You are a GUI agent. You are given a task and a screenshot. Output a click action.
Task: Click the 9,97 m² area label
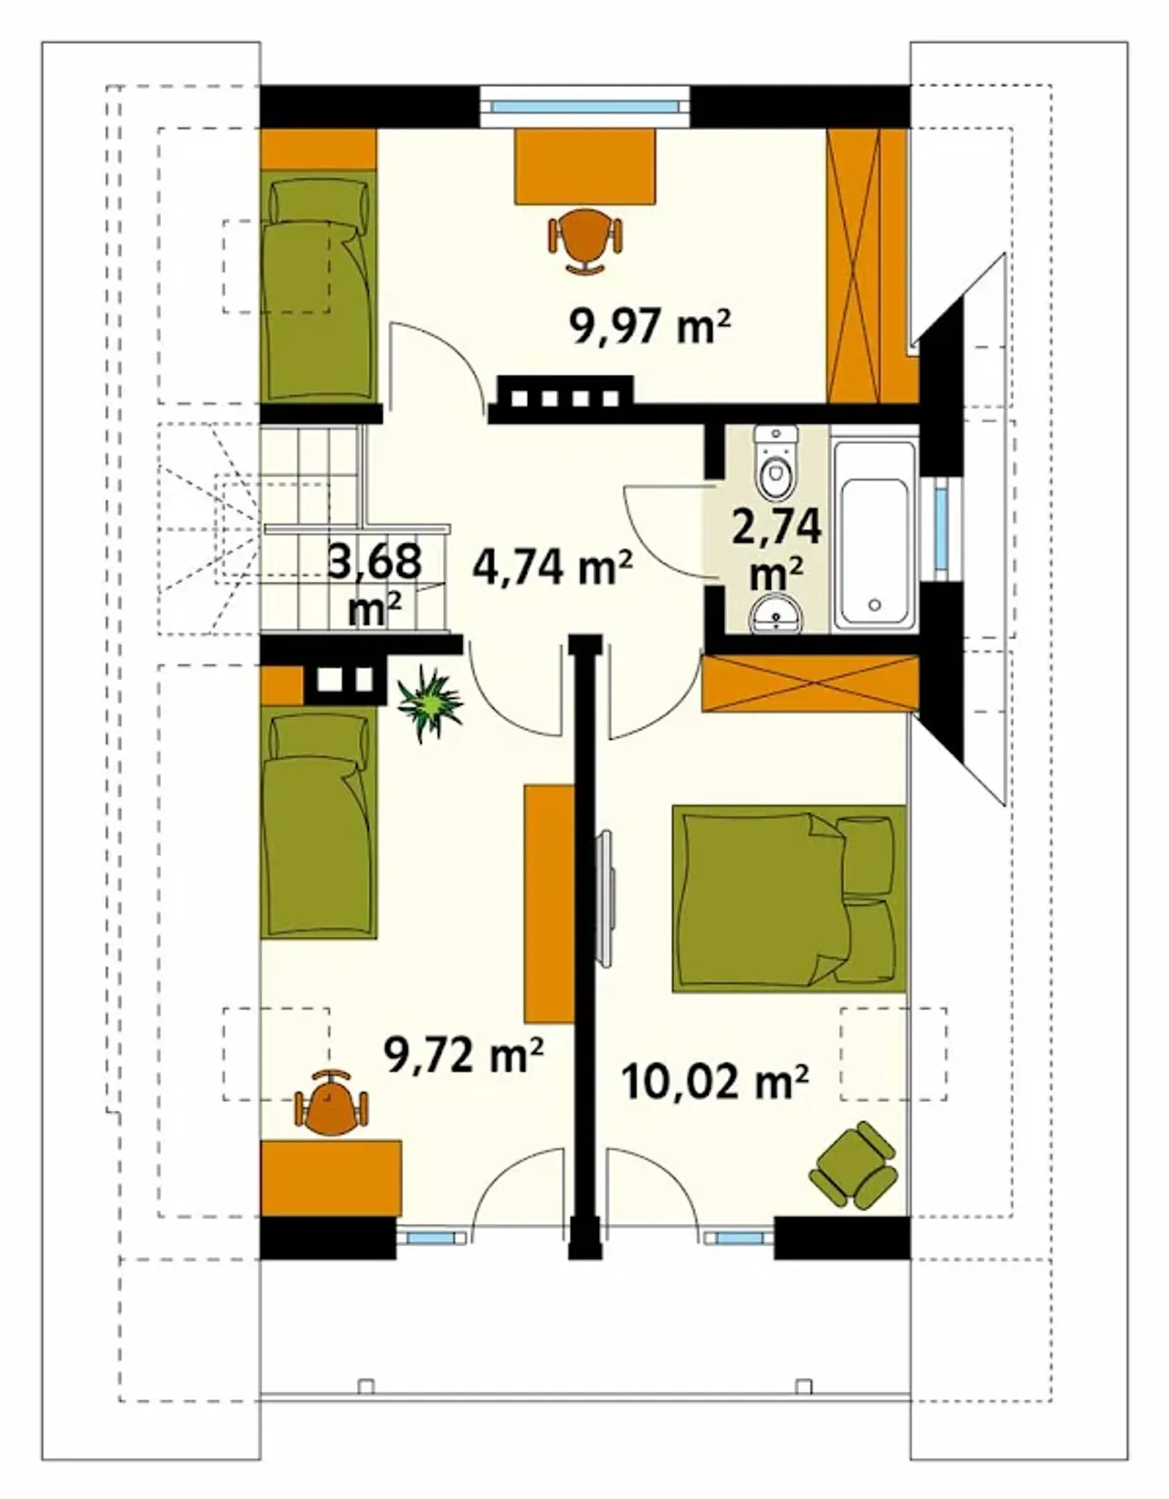(x=649, y=325)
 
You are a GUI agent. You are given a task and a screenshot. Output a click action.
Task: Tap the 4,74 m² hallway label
(x=553, y=568)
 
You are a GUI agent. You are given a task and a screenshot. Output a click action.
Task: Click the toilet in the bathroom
(x=776, y=463)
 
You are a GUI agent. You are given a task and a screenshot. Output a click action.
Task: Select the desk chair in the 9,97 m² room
(x=585, y=241)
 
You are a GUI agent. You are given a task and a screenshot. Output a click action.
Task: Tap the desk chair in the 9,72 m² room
(x=331, y=1103)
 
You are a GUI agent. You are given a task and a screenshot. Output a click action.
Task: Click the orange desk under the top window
(x=584, y=165)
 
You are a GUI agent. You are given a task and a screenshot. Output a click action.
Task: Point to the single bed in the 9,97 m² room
(x=319, y=286)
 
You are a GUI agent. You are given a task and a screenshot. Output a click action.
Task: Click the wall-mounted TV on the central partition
(x=605, y=897)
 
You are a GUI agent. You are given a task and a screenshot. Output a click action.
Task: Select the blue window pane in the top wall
(x=584, y=107)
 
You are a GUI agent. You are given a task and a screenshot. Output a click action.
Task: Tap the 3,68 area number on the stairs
(x=374, y=560)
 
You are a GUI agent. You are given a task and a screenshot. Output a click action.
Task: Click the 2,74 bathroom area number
(x=776, y=527)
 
